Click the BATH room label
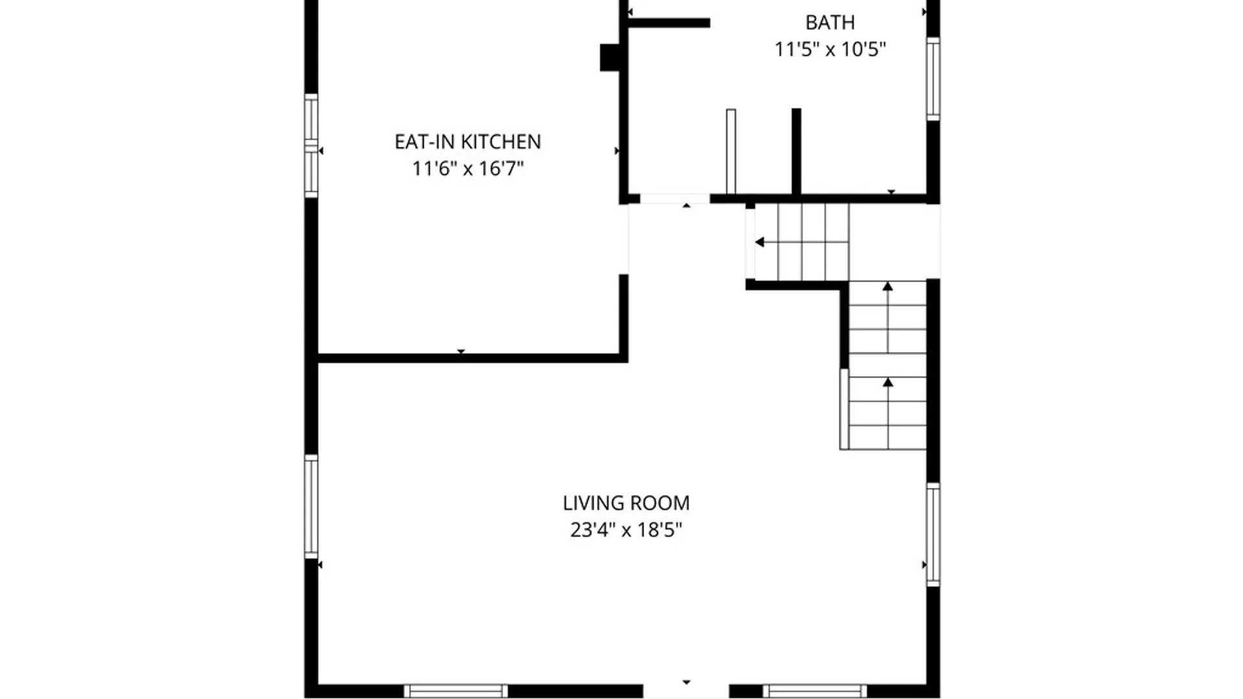[x=830, y=23]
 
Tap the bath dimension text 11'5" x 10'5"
[x=830, y=49]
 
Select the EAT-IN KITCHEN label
[x=467, y=142]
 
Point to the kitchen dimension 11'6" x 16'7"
[x=467, y=169]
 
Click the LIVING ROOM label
[x=626, y=503]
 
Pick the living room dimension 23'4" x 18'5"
[x=626, y=530]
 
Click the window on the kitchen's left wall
[x=311, y=146]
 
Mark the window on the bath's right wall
[x=933, y=78]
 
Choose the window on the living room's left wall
[x=311, y=507]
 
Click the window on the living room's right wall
[x=933, y=535]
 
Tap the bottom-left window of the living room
[x=456, y=691]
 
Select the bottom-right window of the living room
[x=814, y=691]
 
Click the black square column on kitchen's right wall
[x=610, y=57]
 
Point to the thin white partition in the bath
[x=731, y=151]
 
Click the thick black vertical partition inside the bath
[x=796, y=151]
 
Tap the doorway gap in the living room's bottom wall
[x=686, y=691]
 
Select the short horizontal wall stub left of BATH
[x=669, y=23]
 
